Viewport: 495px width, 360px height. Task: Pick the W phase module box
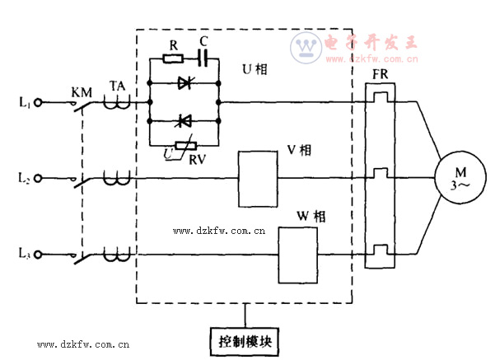297,253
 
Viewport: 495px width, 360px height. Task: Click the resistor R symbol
173,58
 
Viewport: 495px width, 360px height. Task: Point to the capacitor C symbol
203,58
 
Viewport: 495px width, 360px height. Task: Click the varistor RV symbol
185,144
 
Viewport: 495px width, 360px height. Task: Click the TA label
116,85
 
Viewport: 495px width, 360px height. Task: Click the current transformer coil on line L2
116,176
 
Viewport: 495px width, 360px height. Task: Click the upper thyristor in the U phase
184,82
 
